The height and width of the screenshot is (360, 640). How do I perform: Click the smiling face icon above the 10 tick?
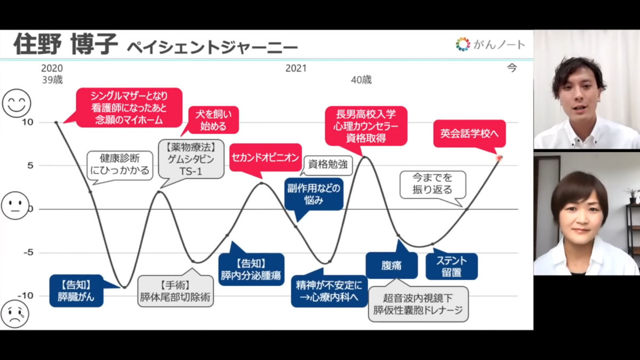click(17, 103)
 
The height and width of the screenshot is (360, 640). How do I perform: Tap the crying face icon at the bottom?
click(15, 314)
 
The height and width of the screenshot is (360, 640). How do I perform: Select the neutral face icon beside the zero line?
click(15, 205)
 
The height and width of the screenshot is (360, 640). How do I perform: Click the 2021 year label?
click(296, 68)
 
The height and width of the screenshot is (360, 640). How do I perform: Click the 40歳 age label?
click(361, 79)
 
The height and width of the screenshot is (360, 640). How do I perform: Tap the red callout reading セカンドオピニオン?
click(266, 158)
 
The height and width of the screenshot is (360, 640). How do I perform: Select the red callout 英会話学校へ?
click(469, 134)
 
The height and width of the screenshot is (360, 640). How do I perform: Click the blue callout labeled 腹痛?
click(391, 265)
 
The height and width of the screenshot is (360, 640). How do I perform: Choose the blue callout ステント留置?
click(451, 266)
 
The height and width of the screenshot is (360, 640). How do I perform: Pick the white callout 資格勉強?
click(327, 165)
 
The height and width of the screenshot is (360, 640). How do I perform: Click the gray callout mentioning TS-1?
click(191, 159)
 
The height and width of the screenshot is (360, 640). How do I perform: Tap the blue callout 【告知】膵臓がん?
click(76, 291)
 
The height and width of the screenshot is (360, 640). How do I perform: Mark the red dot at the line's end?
click(499, 157)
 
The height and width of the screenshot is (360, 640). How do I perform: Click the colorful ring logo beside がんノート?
click(463, 44)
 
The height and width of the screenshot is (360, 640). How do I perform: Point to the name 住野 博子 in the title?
click(66, 44)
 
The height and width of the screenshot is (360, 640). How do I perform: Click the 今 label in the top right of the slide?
click(511, 68)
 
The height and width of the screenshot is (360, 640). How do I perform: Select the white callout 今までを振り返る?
click(433, 184)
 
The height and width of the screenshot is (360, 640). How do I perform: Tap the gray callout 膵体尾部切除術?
click(175, 291)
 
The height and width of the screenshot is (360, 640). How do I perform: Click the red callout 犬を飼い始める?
click(213, 120)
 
